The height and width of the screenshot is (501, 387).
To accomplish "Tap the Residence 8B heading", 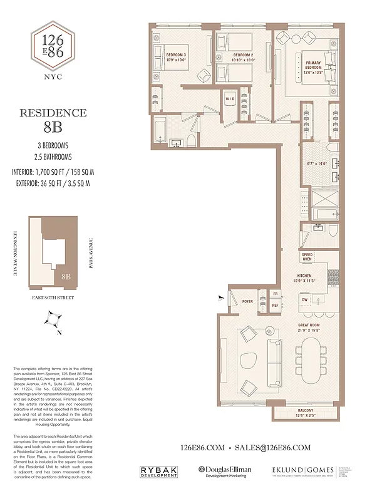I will coord(53,121).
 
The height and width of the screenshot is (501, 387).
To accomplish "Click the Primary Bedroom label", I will coord(313,66).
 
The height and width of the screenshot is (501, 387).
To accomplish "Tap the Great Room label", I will coord(309,328).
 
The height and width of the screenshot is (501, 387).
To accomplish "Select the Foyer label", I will coord(248,301).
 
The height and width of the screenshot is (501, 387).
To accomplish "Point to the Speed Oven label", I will coord(307,257).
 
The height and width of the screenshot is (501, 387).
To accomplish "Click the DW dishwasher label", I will coord(305,300).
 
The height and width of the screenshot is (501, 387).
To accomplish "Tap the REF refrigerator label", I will coord(274,305).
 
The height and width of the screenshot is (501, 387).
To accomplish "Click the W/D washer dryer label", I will coord(230,99).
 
